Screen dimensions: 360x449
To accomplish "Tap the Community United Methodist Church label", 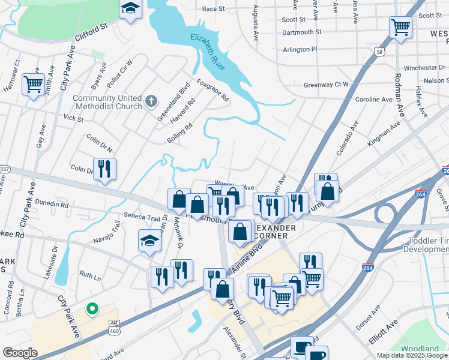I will (107, 102).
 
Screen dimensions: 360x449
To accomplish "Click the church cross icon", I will (152, 101).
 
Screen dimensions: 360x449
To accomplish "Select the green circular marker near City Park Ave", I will (92, 309).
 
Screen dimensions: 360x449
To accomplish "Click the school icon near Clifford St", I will (130, 10).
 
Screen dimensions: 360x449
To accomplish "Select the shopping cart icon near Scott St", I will (400, 27).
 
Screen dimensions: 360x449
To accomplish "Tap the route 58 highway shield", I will (379, 52).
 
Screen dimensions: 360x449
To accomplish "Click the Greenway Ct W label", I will (326, 85).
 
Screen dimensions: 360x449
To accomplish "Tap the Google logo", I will (20, 353).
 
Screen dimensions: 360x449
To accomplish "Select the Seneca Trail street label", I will (142, 217).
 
